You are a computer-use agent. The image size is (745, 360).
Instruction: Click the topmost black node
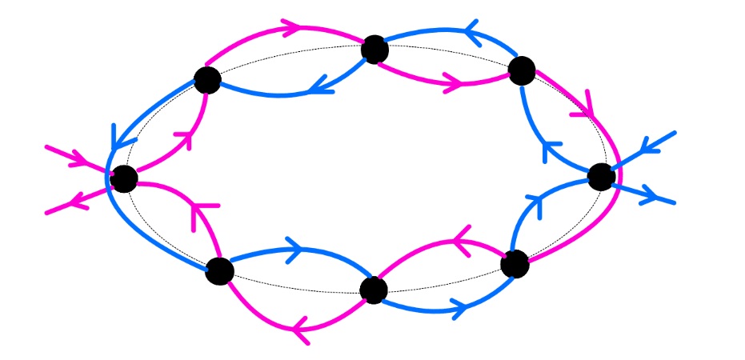tap(375, 50)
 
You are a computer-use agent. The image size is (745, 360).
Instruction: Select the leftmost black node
tap(124, 178)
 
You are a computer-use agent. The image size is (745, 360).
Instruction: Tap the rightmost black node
tap(601, 177)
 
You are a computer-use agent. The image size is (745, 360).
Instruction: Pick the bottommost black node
tap(374, 290)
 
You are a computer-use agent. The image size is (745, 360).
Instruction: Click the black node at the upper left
tap(207, 80)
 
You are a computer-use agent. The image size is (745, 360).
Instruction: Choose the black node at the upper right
tap(522, 70)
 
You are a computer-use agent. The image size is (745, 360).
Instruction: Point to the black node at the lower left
tap(219, 270)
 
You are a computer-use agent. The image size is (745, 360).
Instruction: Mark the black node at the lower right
tap(515, 263)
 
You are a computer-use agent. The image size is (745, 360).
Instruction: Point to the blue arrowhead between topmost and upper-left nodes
tap(318, 85)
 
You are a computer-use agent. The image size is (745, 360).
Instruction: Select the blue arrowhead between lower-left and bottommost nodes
tap(294, 250)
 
